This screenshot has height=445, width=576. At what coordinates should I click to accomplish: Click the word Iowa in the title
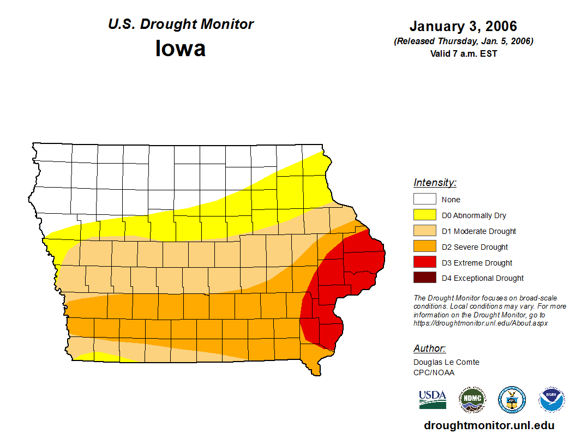click(x=181, y=49)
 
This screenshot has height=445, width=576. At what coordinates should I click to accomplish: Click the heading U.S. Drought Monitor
click(x=181, y=25)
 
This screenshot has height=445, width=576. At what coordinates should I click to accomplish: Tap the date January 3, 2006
click(x=463, y=26)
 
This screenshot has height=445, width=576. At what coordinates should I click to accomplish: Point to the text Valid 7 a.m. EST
click(x=463, y=53)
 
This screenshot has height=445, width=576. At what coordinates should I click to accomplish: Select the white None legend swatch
click(x=424, y=199)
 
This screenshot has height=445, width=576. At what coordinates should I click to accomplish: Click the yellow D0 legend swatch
click(x=424, y=215)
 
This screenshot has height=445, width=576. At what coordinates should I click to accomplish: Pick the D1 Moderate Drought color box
click(x=424, y=231)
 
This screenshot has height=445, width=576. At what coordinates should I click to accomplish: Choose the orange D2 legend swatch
click(x=424, y=246)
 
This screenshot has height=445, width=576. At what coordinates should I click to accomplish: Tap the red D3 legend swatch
click(x=424, y=262)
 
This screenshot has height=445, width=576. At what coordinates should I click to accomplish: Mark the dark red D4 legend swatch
click(x=424, y=278)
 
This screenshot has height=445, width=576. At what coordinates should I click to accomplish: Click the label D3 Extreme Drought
click(x=477, y=263)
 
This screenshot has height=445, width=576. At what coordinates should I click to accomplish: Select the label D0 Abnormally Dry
click(x=473, y=215)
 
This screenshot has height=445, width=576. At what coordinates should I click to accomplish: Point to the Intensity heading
click(x=435, y=183)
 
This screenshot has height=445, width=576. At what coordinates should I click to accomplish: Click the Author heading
click(x=429, y=348)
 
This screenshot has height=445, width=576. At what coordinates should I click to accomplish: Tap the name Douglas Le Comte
click(x=446, y=362)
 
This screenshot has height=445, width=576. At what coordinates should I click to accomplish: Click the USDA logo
click(x=433, y=400)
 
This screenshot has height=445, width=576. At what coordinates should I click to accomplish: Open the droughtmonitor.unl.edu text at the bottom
click(x=489, y=426)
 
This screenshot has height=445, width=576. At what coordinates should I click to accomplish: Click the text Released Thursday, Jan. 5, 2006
click(x=463, y=41)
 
